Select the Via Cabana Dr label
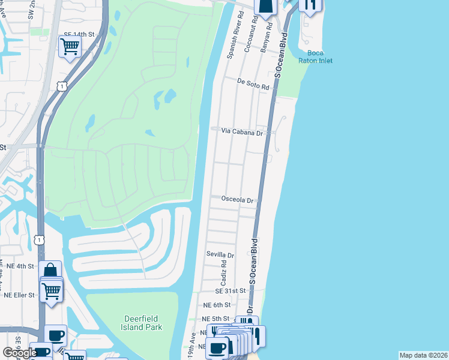[243, 131]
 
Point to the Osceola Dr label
[238, 200]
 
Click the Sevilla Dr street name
[220, 255]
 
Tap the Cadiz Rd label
[223, 272]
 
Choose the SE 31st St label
[231, 290]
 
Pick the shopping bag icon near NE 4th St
[50, 271]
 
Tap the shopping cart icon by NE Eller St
[52, 292]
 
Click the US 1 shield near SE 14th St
[62, 87]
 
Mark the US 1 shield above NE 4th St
[40, 240]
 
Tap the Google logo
[19, 353]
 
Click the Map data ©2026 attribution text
[423, 355]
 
